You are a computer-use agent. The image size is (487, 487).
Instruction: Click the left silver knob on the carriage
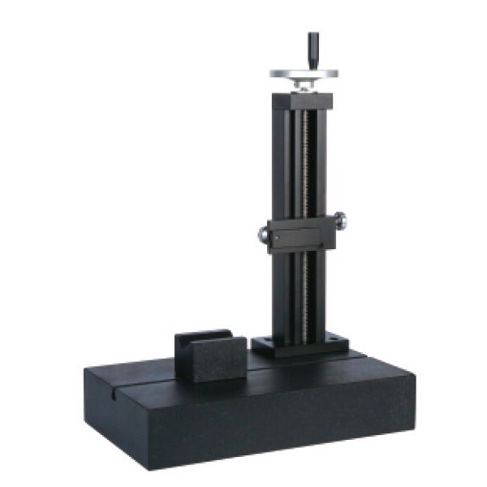264,234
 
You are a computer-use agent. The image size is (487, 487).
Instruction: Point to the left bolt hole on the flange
264,340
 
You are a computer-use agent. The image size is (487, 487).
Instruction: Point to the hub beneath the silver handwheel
304,84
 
